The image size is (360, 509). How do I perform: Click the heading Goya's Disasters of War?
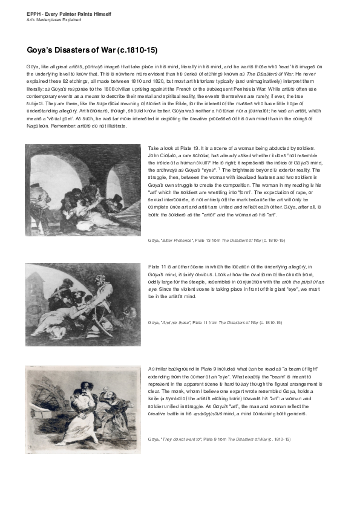coord(92,50)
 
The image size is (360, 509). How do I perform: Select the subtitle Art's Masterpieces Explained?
coord(54,19)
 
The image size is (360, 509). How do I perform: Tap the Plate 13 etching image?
coord(83,190)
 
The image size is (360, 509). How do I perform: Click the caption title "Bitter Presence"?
coord(175,240)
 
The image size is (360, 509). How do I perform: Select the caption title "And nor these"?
coord(174,323)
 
